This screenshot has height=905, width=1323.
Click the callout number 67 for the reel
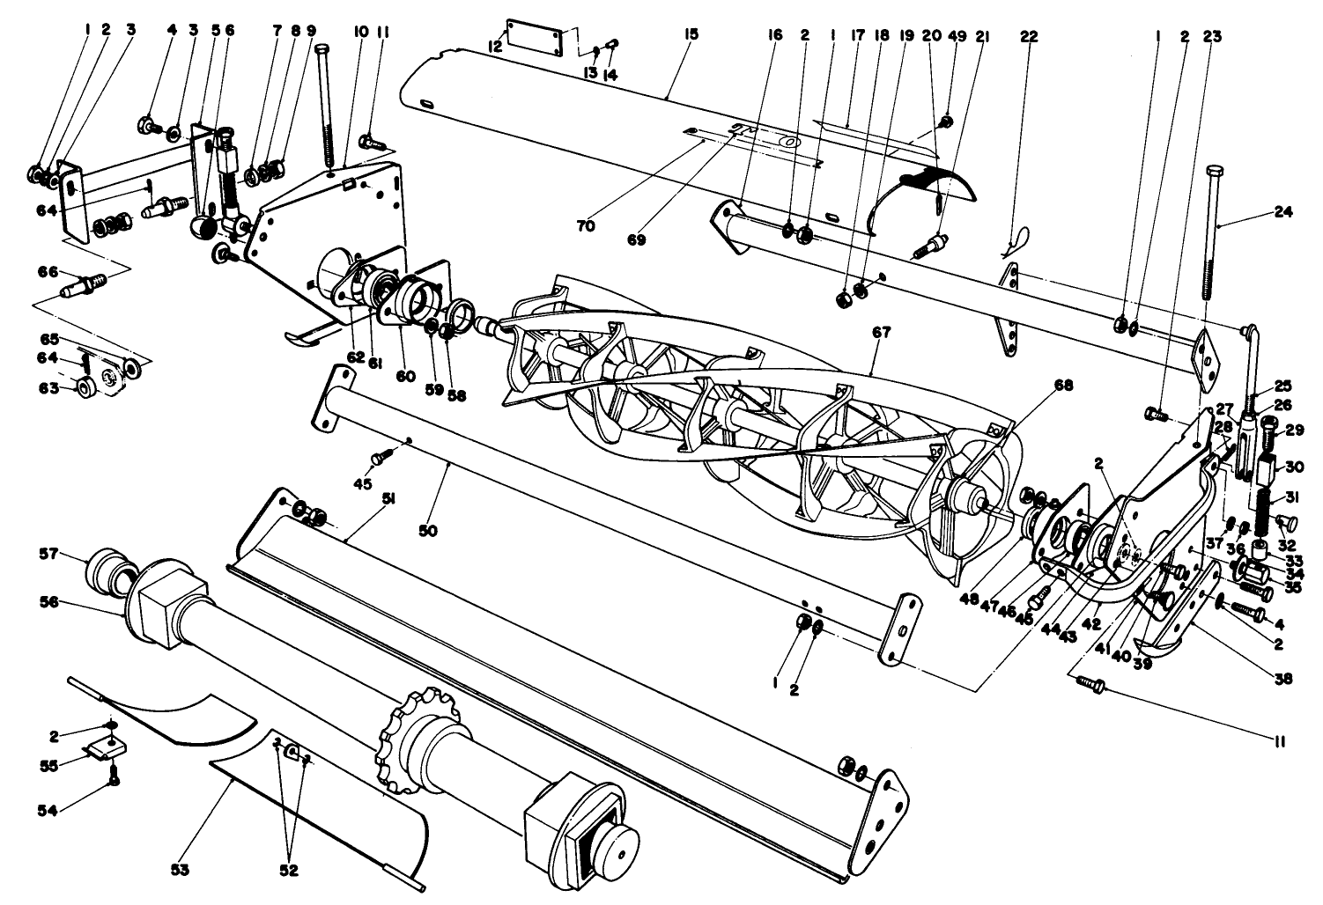pos(882,333)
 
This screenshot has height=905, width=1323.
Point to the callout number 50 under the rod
pos(429,531)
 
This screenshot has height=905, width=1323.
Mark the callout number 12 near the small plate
pos(496,46)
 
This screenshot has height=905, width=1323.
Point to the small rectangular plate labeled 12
pos(533,40)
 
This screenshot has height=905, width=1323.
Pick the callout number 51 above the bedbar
pos(387,498)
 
